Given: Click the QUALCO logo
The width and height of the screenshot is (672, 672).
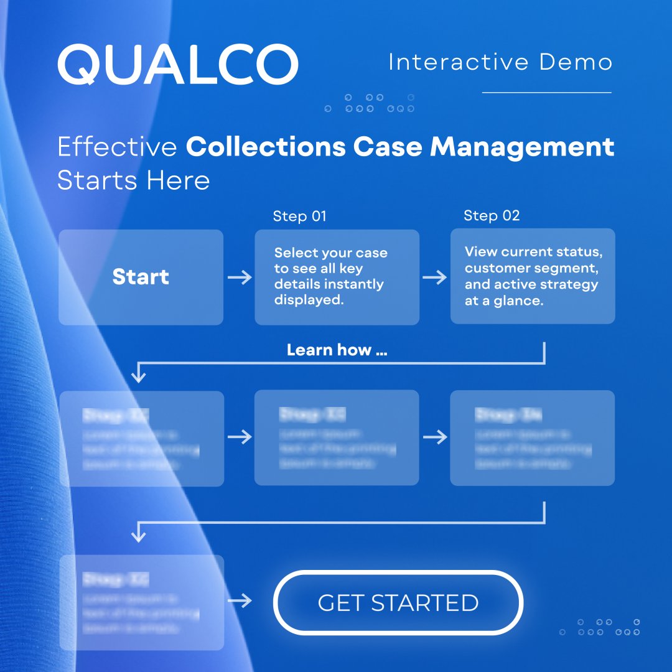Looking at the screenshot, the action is pos(178,63).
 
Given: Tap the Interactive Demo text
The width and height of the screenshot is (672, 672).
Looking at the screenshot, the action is pos(500,62).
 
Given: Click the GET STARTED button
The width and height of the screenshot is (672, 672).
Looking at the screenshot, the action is pos(398,602).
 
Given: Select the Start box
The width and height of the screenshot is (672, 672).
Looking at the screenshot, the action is pos(141,277).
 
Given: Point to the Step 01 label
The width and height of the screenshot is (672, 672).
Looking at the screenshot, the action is pos(299,217).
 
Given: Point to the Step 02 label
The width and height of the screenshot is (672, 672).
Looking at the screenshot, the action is pos(492,216).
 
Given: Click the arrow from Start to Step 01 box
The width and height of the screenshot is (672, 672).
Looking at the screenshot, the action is pos(240,277).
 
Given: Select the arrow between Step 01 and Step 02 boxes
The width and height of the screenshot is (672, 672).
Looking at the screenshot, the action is pos(435,277).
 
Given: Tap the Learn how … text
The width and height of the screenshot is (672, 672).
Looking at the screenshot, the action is pos(337,350).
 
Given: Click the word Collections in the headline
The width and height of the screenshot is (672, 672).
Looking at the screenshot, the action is pos(266,147).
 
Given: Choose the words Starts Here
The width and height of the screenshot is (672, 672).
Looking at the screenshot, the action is pos(133,180).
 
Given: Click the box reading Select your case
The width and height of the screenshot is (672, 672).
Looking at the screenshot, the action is pos(337,277).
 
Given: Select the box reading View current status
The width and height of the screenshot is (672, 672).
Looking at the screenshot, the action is pos(533,276).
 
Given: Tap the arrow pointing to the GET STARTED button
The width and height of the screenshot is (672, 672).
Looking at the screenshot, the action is pos(240,601).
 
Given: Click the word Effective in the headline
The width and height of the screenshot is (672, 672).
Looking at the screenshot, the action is pos(117,147).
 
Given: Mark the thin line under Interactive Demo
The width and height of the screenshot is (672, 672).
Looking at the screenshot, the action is pos(547,93).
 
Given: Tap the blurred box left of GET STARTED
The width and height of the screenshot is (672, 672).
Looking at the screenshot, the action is pos(141,602).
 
